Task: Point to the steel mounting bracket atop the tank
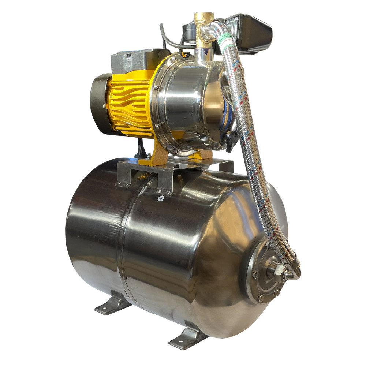coord(176,172)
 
